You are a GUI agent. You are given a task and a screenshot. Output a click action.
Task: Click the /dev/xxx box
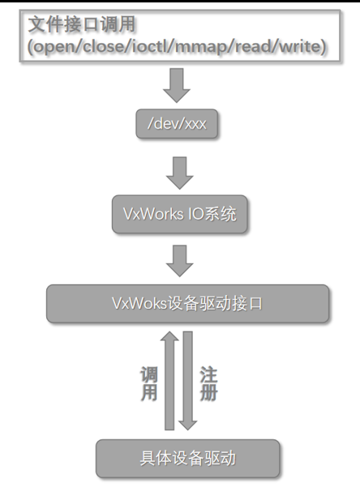(x=177, y=124)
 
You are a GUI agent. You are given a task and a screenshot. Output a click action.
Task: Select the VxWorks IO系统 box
(x=179, y=214)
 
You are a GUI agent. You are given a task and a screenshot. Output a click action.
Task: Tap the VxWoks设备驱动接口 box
(x=187, y=303)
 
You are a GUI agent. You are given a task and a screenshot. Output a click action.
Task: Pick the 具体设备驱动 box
(x=187, y=459)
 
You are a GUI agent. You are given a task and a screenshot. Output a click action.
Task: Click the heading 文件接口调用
(x=82, y=24)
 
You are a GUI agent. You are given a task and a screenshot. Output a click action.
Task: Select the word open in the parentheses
(x=54, y=47)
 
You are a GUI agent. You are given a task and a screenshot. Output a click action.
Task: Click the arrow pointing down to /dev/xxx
(x=177, y=86)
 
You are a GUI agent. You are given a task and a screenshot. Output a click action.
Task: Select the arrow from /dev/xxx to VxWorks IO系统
(x=179, y=173)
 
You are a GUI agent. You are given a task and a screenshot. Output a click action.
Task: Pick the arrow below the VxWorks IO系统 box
(x=179, y=261)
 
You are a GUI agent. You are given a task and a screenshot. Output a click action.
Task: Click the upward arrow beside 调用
(x=169, y=381)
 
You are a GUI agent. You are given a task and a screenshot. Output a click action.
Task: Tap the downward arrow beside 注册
(x=187, y=381)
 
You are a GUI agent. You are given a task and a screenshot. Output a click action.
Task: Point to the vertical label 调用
(x=149, y=383)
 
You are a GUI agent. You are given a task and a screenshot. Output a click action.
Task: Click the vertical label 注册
(x=208, y=383)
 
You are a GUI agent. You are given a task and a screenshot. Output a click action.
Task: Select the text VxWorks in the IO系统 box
(x=153, y=214)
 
